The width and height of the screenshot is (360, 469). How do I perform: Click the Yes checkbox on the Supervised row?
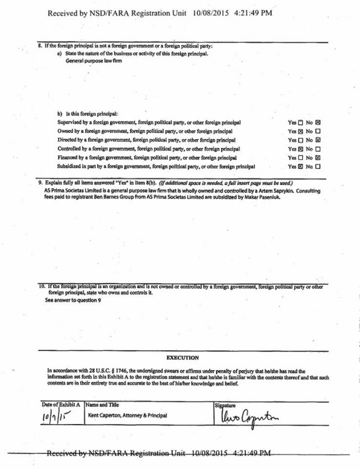coord(301,122)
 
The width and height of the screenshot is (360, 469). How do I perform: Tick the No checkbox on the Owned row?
coord(318,131)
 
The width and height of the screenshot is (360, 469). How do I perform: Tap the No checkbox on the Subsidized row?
coord(318,166)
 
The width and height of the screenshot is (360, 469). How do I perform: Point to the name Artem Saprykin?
coord(246,190)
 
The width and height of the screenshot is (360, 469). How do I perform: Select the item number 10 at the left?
coord(42,287)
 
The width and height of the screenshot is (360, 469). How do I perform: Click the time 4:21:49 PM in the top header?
coord(251,13)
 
